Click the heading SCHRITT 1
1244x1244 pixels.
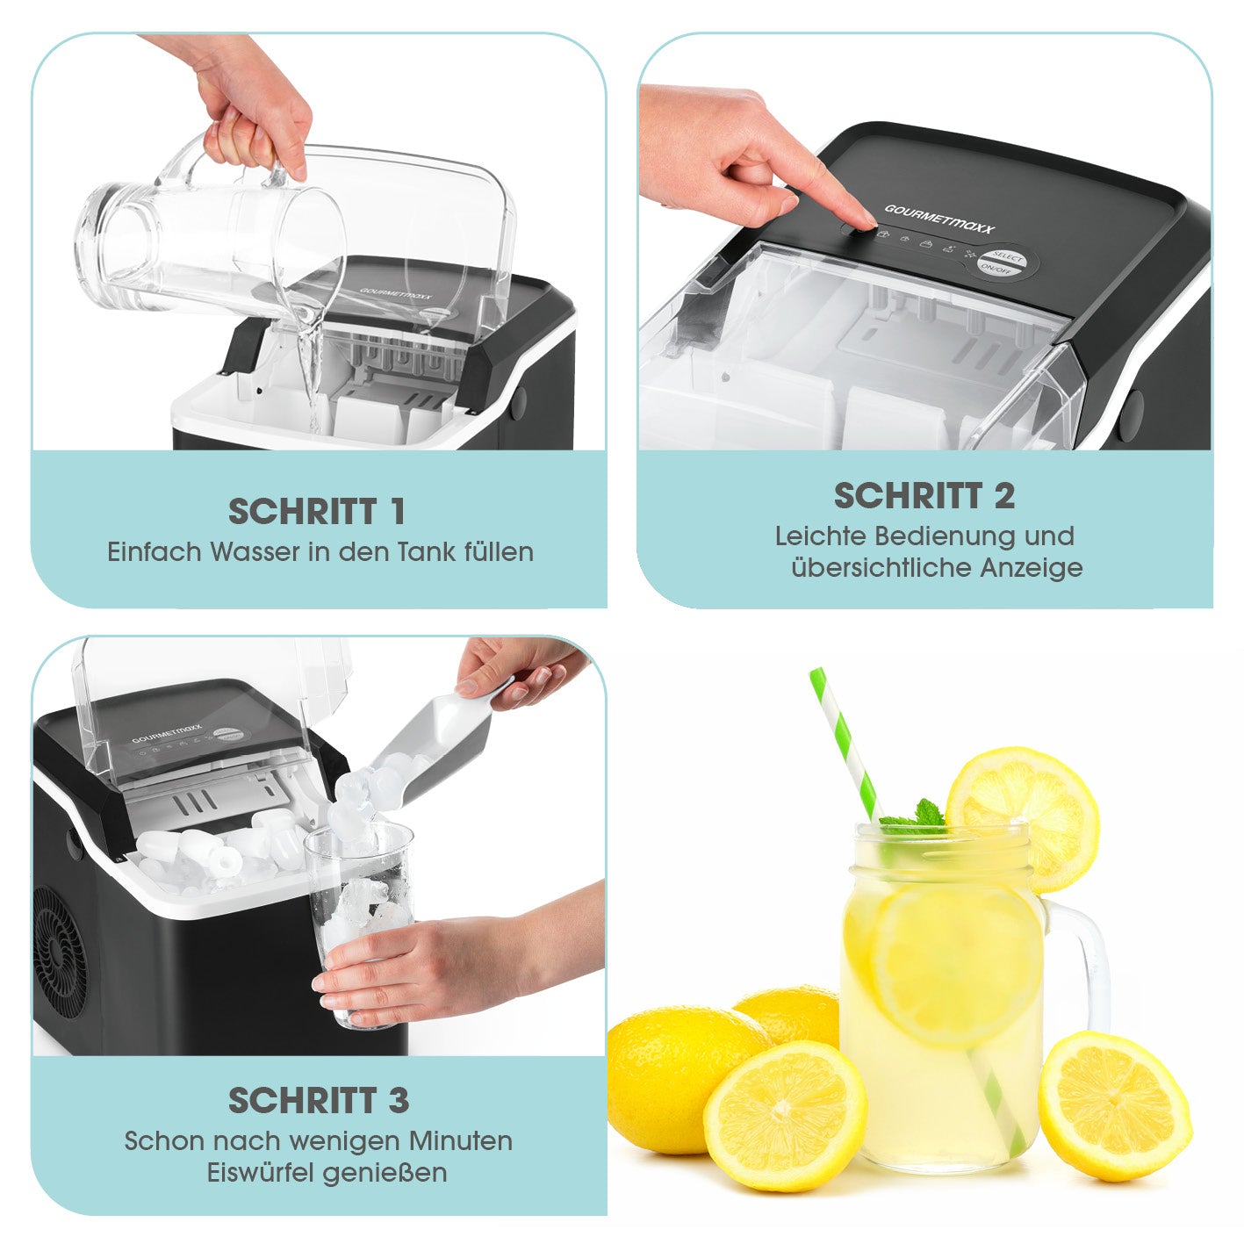coord(316,511)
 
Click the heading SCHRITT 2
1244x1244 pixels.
coord(924,496)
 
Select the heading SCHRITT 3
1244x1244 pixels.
coord(319,1100)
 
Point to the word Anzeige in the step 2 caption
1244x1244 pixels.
coord(1031,568)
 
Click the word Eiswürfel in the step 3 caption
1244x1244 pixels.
coord(262,1172)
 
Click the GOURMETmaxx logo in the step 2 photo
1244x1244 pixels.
coord(939,219)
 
